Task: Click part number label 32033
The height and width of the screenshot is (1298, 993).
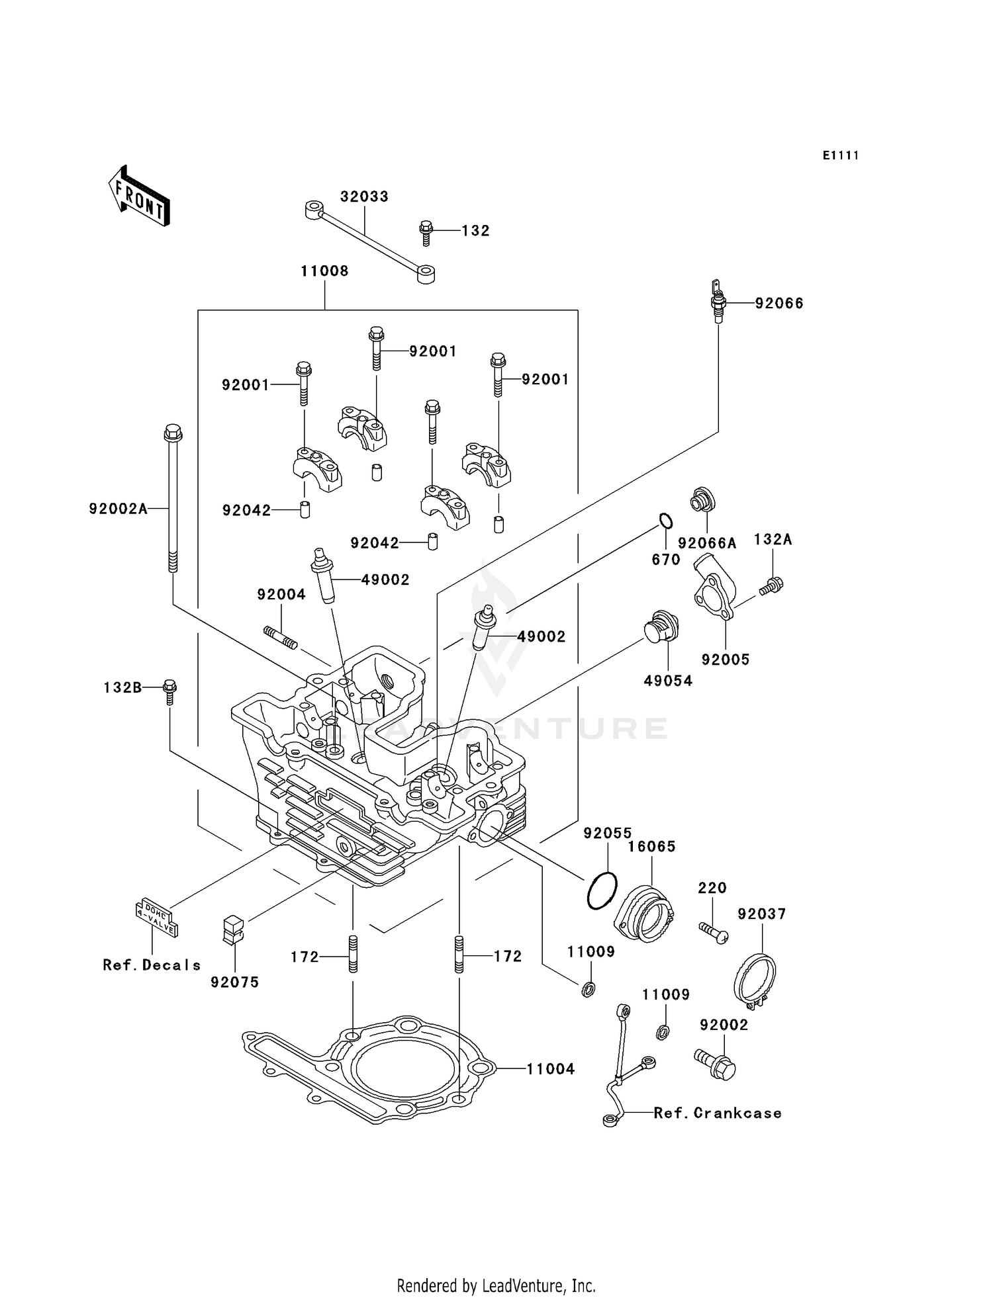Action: pos(364,196)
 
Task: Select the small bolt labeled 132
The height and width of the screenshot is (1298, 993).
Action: pos(426,231)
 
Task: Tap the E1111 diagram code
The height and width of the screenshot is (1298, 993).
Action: pos(841,155)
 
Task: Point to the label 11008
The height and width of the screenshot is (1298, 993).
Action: pos(324,271)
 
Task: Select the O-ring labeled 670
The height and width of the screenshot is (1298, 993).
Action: pos(665,521)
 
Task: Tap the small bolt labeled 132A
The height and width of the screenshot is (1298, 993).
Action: pos(771,585)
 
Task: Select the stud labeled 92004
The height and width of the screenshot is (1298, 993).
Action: pos(281,637)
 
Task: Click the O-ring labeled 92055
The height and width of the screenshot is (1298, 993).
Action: pos(602,890)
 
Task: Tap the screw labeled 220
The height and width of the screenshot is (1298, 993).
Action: pos(714,932)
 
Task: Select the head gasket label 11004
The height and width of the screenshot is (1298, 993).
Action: pos(551,1068)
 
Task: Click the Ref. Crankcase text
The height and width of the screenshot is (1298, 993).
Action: pos(717,1113)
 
